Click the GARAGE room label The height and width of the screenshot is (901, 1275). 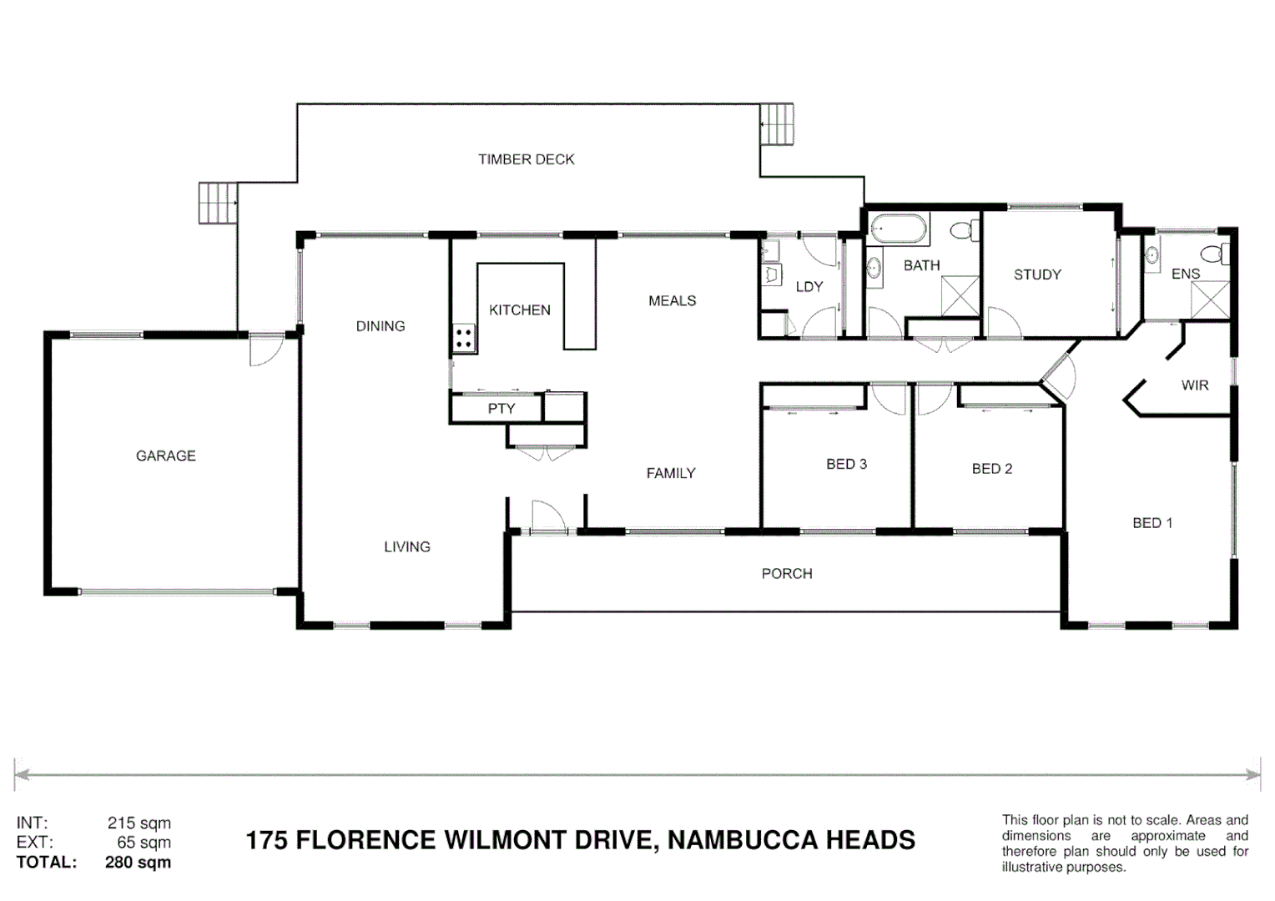pos(165,456)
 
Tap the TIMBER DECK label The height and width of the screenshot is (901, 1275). pos(526,159)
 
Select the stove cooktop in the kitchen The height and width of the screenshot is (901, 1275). pos(465,339)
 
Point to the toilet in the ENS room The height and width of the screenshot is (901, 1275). pos(1214,253)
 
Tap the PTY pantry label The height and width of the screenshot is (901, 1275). pos(501,408)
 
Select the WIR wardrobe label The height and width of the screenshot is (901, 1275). pos(1194,385)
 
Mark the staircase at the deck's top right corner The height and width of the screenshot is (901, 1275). pos(776,124)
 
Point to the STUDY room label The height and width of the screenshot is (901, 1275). pos(1037,274)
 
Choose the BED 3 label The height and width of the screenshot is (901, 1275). pos(846,464)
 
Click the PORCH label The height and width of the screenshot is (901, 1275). pos(786,574)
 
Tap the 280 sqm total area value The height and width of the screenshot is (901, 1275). pos(138,863)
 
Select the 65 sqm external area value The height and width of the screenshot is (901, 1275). pos(144,843)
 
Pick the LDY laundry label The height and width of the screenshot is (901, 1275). pos(809,287)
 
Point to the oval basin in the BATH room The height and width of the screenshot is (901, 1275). pos(874,268)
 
